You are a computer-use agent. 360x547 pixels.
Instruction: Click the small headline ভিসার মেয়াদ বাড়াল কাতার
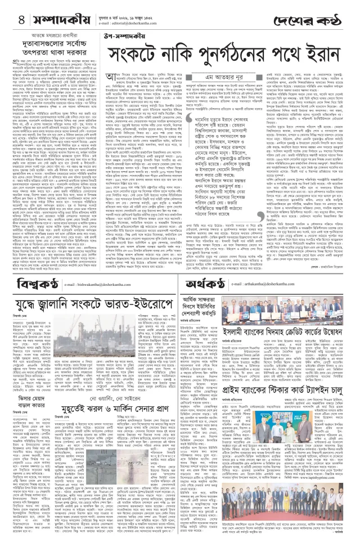coord(28,414)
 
